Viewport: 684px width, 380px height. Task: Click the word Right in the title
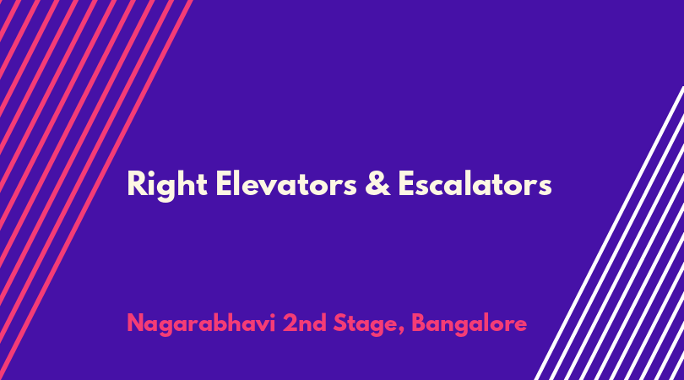(x=167, y=185)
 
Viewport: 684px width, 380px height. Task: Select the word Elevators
(x=286, y=183)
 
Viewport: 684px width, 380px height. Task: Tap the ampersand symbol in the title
(x=377, y=183)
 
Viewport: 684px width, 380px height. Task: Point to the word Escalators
(x=475, y=183)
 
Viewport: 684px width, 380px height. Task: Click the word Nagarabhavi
(x=201, y=323)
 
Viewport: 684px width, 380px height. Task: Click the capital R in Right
(x=136, y=183)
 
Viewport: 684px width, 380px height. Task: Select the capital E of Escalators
(x=405, y=183)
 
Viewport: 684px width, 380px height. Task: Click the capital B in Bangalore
(x=419, y=323)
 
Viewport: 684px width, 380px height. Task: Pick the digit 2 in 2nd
(x=290, y=323)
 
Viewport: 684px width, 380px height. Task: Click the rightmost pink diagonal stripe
(x=96, y=190)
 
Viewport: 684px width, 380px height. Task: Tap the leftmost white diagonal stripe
(x=610, y=232)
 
